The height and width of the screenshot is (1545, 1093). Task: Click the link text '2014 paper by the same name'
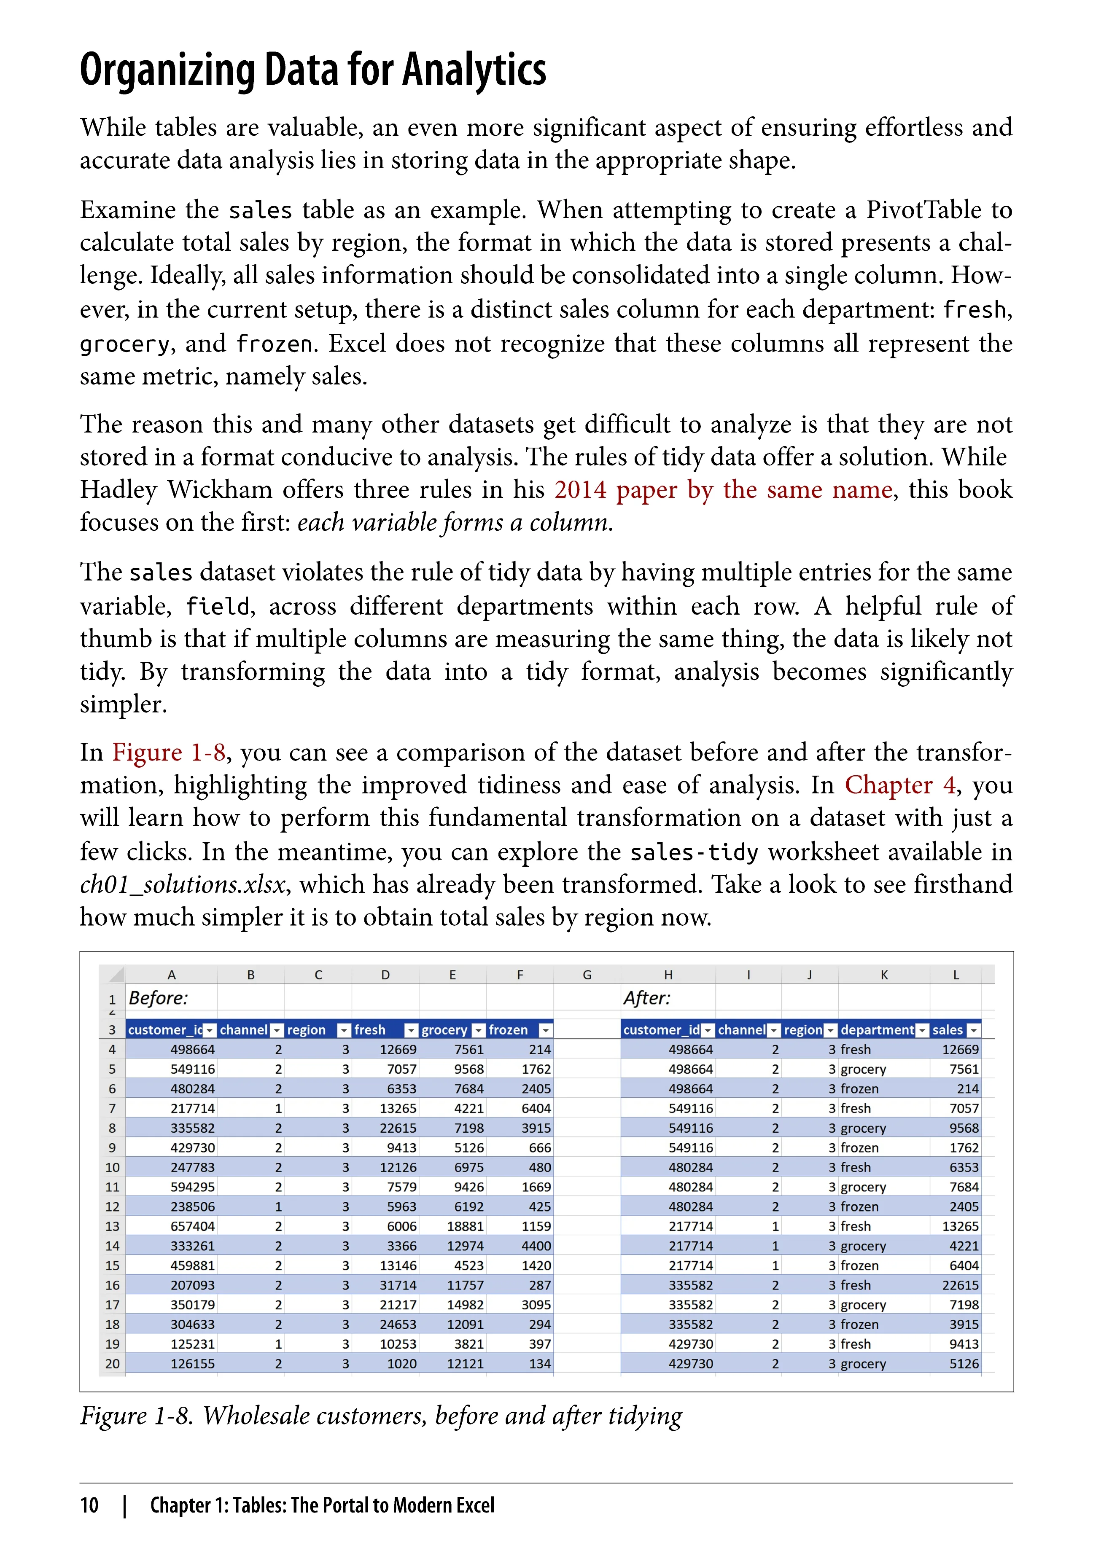point(724,490)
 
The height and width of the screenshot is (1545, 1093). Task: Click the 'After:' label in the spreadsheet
point(647,998)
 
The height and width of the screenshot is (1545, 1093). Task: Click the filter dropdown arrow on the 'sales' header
point(973,1031)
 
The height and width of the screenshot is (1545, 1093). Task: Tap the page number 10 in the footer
point(89,1505)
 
